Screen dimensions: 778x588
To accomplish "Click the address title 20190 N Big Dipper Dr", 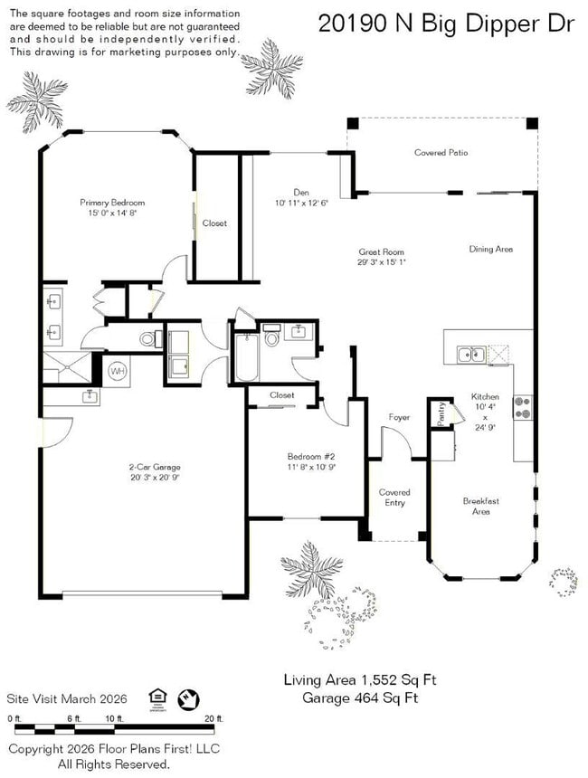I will pyautogui.click(x=446, y=24).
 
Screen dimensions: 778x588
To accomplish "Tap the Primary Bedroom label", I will pyautogui.click(x=112, y=203).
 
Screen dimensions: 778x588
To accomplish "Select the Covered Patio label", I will pyautogui.click(x=441, y=153).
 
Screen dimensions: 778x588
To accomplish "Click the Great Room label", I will pyautogui.click(x=381, y=252).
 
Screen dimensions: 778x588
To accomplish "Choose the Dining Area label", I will pyautogui.click(x=490, y=249).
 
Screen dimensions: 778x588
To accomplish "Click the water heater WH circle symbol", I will pyautogui.click(x=118, y=371).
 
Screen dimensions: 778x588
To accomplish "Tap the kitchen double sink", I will pyautogui.click(x=469, y=355).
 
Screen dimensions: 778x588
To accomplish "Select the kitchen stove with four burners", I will pyautogui.click(x=522, y=408).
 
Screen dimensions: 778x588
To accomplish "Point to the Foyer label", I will pyautogui.click(x=399, y=418).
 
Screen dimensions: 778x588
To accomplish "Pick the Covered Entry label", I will pyautogui.click(x=394, y=498).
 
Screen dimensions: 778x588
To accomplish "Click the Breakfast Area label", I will pyautogui.click(x=480, y=507).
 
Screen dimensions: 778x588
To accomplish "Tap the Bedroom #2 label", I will pyautogui.click(x=305, y=457).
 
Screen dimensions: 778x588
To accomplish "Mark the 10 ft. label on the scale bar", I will pyautogui.click(x=113, y=718).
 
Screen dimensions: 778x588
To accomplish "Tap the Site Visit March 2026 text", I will pyautogui.click(x=67, y=698).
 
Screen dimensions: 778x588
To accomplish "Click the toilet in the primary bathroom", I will pyautogui.click(x=148, y=339).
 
